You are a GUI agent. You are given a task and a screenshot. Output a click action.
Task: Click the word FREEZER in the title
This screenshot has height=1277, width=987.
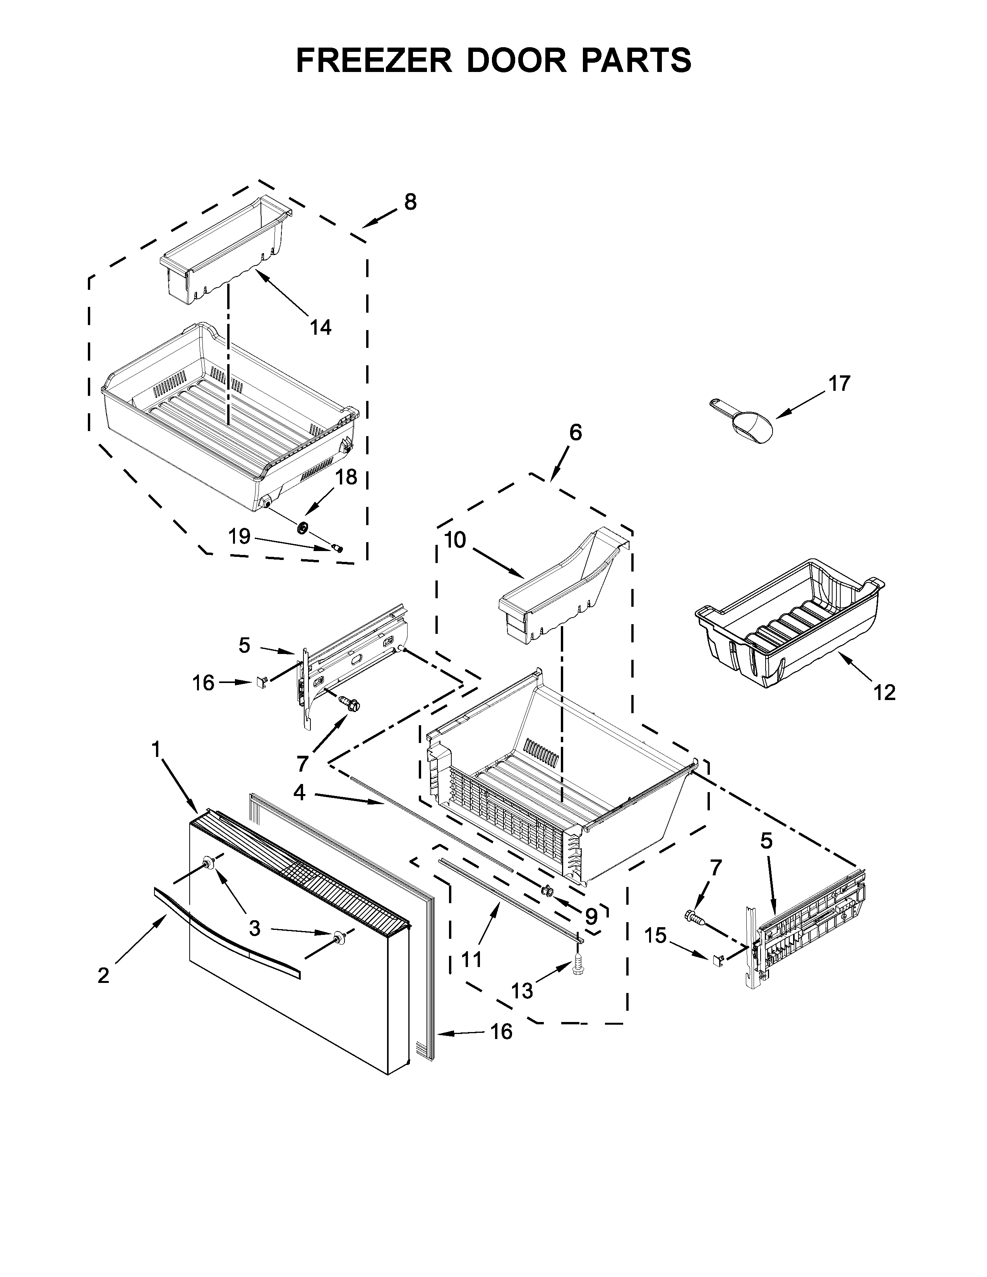374,60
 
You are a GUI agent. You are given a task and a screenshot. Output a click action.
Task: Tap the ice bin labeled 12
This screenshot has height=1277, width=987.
789,623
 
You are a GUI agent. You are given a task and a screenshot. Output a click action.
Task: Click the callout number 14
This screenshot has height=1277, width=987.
320,327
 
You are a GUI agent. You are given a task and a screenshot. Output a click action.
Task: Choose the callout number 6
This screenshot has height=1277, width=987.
575,433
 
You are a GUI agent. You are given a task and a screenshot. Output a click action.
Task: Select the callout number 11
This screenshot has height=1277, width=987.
471,959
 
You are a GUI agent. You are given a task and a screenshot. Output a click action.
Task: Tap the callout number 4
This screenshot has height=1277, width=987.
299,793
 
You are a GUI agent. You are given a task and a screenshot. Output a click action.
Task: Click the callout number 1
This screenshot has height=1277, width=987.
156,749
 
